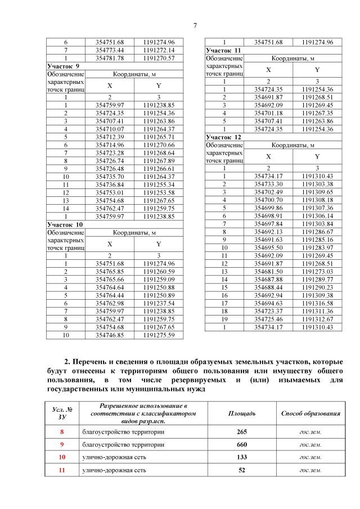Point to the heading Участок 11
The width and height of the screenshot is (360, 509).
click(224, 50)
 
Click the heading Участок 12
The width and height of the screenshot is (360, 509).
click(224, 137)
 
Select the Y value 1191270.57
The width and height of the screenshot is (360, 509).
click(159, 58)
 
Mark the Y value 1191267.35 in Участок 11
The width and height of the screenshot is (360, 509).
click(317, 113)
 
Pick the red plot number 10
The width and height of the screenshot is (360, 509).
click(62, 457)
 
